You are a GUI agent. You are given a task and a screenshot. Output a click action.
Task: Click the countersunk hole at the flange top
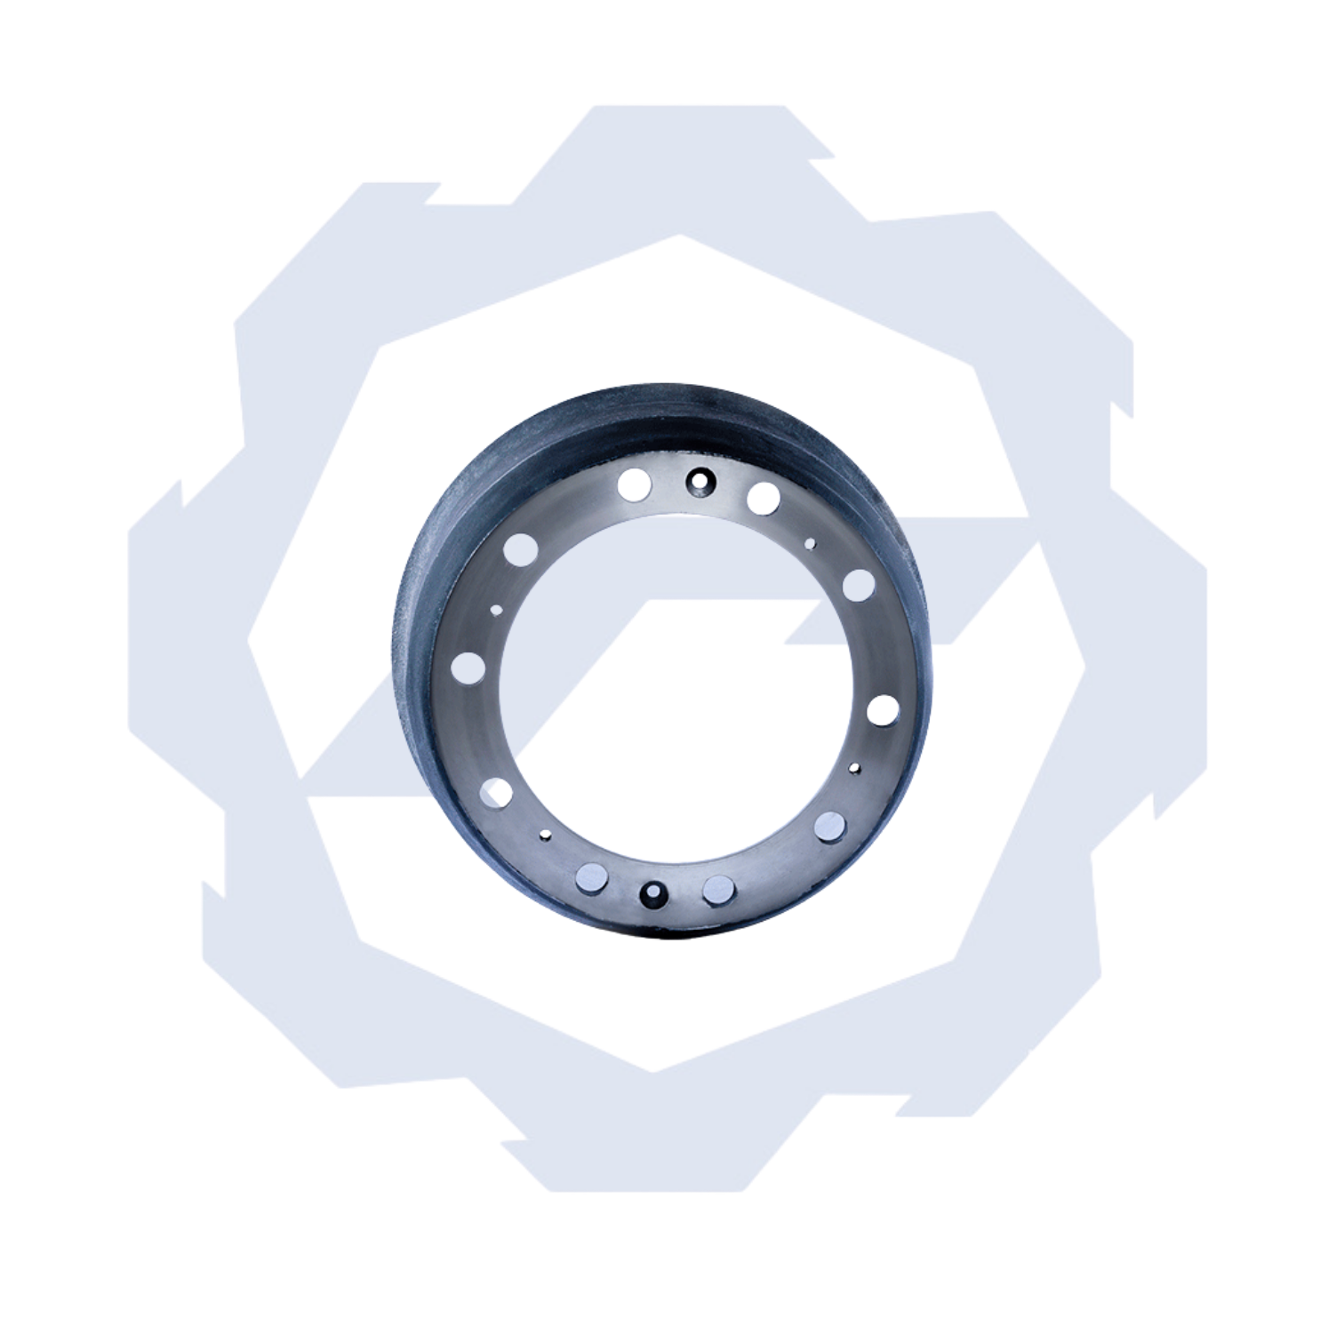(x=699, y=480)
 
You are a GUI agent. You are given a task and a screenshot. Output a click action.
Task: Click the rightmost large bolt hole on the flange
(x=882, y=710)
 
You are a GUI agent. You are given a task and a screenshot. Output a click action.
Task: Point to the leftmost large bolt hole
(x=468, y=667)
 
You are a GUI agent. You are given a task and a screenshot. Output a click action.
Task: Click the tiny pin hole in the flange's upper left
(x=496, y=610)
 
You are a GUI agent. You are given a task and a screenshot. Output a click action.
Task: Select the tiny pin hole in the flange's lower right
(x=855, y=766)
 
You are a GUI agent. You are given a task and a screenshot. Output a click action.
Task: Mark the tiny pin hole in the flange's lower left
(x=545, y=835)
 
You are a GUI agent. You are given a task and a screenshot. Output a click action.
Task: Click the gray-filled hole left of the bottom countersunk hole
(x=589, y=877)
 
